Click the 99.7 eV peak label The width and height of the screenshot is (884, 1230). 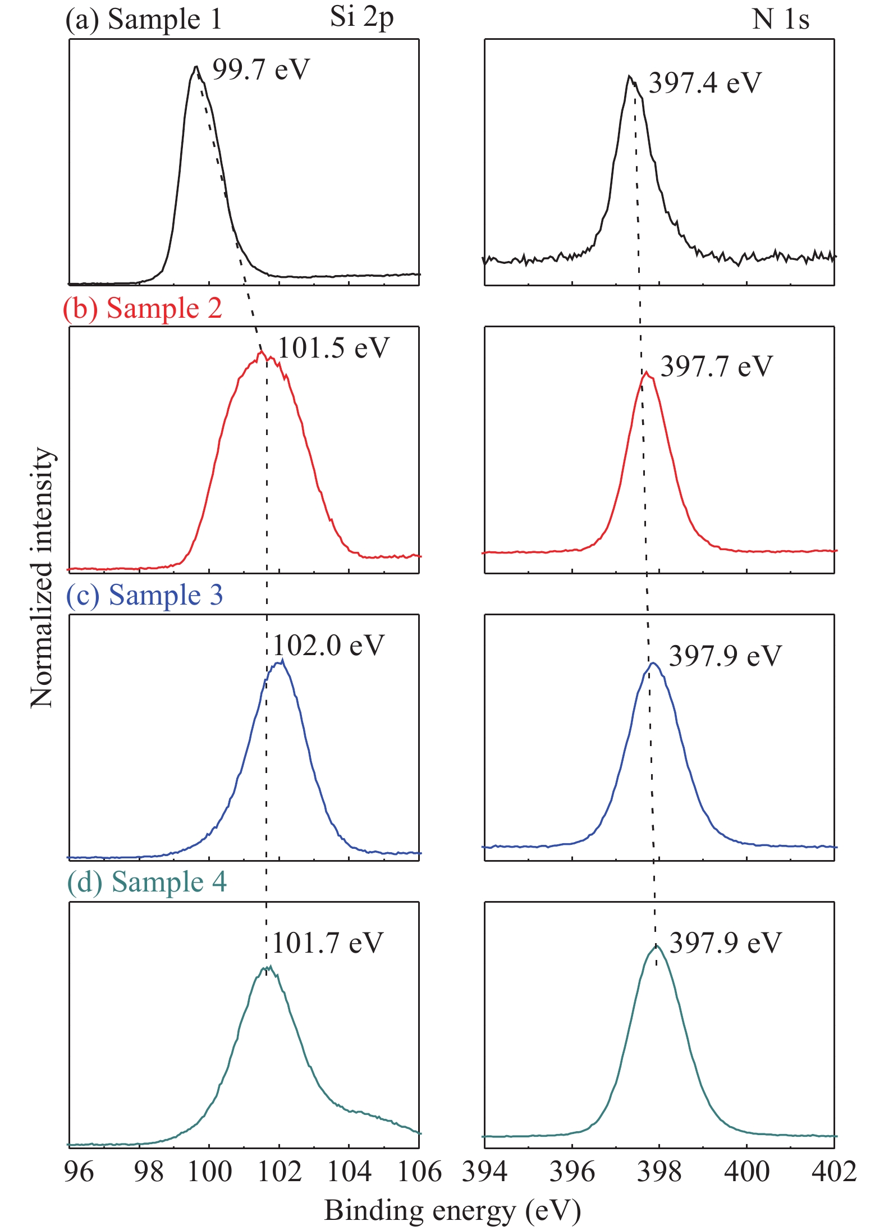coord(261,70)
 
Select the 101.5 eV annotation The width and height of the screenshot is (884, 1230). coord(333,348)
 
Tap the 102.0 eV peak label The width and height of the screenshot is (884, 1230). coord(329,646)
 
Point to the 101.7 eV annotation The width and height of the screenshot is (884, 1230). coord(328,943)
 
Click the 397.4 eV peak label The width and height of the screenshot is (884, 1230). coord(705,83)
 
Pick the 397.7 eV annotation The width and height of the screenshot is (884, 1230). coord(717,367)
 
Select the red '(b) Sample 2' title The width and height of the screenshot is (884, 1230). coord(143,308)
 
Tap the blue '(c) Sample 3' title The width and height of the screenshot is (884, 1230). coord(145,595)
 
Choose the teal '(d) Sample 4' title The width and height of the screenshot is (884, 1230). coord(147,882)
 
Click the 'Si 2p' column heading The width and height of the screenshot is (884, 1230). coord(362,18)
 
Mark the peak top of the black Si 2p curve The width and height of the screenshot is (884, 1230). coord(196,67)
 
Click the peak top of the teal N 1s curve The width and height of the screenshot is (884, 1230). coord(656,946)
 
